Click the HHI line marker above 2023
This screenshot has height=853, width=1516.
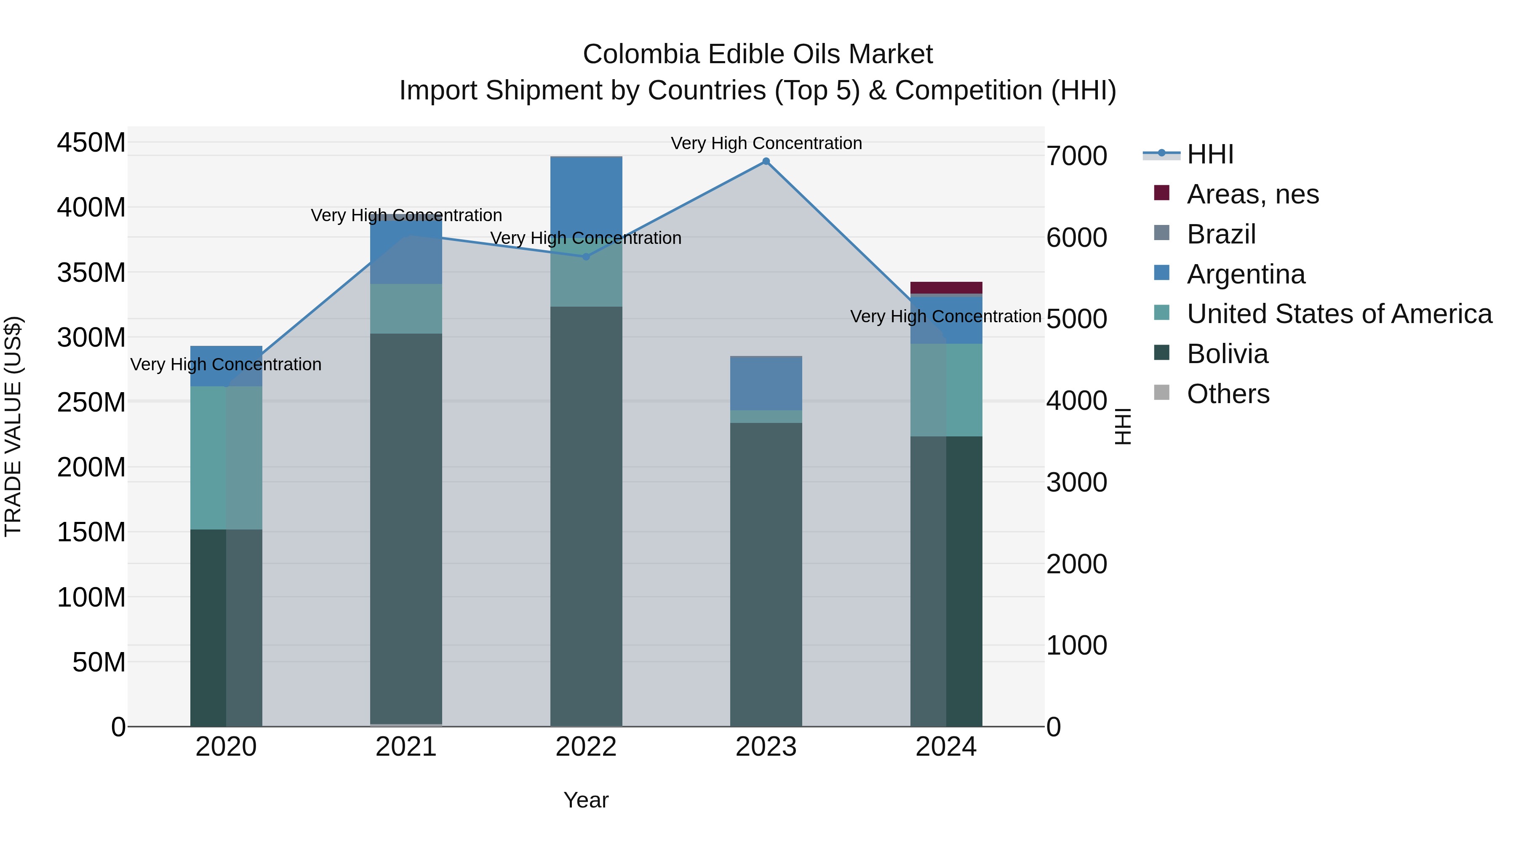pos(766,161)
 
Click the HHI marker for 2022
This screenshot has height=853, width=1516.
pos(586,257)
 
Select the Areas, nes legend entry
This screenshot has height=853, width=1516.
pos(1252,194)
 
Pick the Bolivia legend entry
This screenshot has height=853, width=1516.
pos(1227,354)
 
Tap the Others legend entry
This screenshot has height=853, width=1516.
pos(1228,394)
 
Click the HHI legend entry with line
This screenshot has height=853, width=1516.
pos(1209,154)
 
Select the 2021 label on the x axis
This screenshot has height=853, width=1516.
pos(406,747)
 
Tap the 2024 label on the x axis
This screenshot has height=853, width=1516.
pos(946,747)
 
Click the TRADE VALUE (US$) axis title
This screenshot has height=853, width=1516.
pos(13,426)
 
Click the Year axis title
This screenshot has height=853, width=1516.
pos(586,800)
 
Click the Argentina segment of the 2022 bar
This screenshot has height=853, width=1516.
pos(586,194)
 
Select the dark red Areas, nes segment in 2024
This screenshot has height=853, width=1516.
pos(946,287)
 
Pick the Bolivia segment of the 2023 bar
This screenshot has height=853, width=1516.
pos(766,574)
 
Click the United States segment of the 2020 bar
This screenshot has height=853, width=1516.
pos(226,457)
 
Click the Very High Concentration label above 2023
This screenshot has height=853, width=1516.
pos(766,143)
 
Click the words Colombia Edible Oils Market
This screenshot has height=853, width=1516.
pos(758,54)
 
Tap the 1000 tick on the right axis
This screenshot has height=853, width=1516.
pos(1076,645)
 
